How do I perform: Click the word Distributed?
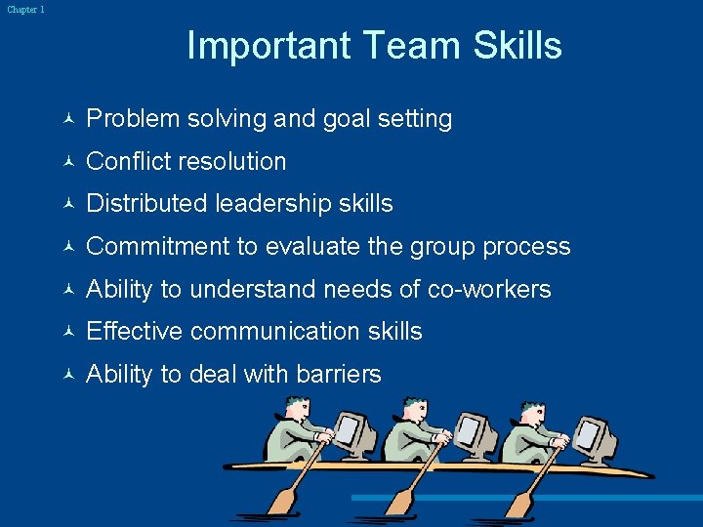146,203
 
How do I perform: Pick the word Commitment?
157,246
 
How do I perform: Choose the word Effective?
135,331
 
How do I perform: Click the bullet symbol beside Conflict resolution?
65,162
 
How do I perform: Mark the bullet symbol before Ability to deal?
65,375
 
